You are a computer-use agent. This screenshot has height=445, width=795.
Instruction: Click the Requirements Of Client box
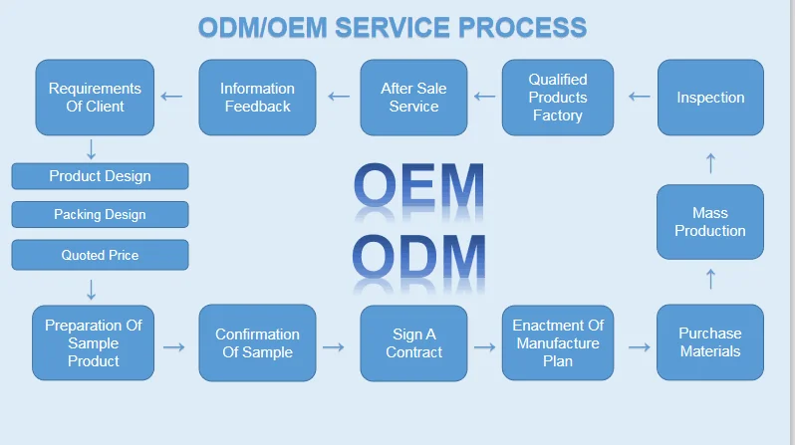pos(96,97)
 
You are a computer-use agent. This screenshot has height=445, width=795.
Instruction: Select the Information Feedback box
pos(257,97)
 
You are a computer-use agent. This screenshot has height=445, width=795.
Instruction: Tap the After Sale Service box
pos(413,97)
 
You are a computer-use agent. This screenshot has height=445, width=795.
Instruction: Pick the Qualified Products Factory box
pos(557,97)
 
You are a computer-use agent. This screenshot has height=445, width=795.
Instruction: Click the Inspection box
pos(710,97)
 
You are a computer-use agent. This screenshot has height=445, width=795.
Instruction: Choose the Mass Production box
pos(710,222)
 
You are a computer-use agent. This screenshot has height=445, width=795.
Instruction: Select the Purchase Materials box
pos(710,342)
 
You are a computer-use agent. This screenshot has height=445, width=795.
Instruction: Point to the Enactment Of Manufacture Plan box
pos(557,342)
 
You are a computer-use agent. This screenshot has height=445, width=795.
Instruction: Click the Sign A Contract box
pos(413,342)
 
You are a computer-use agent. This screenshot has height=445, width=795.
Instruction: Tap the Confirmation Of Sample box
pos(257,342)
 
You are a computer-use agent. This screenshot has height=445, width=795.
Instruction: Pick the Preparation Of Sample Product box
pos(94,342)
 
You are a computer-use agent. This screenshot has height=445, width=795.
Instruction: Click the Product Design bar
pos(100,176)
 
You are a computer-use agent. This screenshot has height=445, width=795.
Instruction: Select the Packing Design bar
pos(100,214)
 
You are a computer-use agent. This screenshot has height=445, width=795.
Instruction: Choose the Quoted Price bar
pos(100,255)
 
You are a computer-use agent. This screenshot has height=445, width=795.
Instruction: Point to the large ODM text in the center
pos(419,257)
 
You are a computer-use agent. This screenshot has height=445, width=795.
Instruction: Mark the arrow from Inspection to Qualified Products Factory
pos(639,97)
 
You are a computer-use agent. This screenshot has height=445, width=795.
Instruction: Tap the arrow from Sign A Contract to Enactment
pos(485,346)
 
